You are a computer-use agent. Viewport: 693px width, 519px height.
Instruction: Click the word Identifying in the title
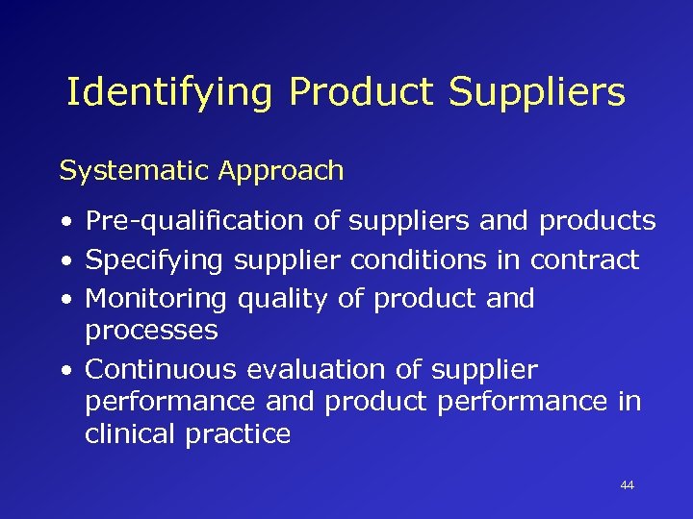(x=170, y=93)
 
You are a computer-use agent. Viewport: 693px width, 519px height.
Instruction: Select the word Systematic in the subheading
(x=134, y=171)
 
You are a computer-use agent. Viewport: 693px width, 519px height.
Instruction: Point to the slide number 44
(x=628, y=485)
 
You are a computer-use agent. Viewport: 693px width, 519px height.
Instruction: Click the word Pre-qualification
(x=194, y=222)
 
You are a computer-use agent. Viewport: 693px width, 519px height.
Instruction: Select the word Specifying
(x=153, y=260)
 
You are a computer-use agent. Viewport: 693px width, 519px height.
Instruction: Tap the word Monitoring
(x=155, y=299)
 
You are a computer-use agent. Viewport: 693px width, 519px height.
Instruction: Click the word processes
(x=151, y=332)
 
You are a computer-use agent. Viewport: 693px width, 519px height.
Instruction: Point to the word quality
(x=282, y=299)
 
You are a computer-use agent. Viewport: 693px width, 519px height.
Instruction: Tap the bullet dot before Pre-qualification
(x=64, y=223)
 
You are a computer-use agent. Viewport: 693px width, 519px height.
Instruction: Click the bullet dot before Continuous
(x=64, y=371)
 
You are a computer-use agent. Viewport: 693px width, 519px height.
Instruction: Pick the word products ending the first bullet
(x=597, y=222)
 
